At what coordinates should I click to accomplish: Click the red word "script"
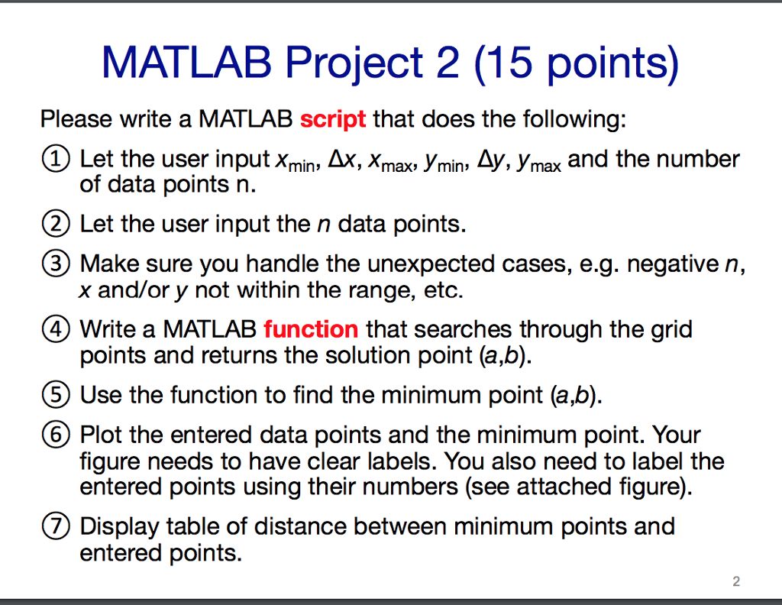pos(333,120)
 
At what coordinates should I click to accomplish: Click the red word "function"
pos(311,329)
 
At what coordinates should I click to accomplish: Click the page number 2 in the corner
pos(735,581)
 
